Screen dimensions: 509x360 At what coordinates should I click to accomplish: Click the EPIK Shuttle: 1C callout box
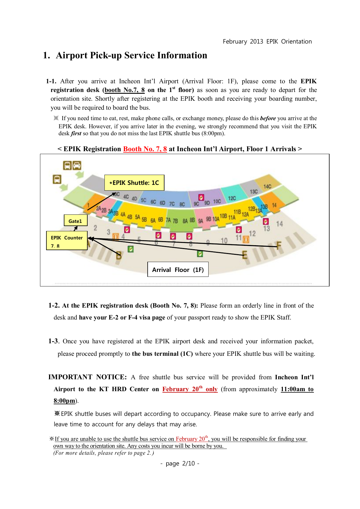[x=134, y=183]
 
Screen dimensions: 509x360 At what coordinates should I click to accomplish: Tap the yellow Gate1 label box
[x=75, y=221]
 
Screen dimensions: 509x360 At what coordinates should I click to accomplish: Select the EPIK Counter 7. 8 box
[x=67, y=241]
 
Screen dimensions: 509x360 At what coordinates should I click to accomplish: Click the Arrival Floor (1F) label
[x=178, y=270]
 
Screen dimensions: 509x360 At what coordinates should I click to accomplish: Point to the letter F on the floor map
[x=279, y=246]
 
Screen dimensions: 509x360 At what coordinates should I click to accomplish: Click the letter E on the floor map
[x=245, y=255]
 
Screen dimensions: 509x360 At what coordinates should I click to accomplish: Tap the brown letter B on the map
[x=119, y=256]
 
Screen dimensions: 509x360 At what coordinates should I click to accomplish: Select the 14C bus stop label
[x=267, y=186]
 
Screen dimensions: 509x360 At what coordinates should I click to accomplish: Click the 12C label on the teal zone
[x=232, y=198]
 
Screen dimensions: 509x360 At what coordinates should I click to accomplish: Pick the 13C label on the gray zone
[x=254, y=192]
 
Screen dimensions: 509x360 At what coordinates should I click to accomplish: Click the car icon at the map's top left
[x=77, y=165]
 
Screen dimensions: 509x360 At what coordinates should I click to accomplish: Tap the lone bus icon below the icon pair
[x=57, y=179]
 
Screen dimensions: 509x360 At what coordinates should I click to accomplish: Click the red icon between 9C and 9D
[x=201, y=197]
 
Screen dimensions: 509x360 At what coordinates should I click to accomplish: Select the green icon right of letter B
[x=131, y=249]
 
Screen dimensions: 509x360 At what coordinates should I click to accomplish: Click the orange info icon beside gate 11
[x=246, y=239]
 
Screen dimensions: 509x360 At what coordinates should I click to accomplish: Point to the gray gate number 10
[x=224, y=241]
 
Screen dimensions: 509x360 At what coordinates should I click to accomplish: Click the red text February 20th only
[x=190, y=389]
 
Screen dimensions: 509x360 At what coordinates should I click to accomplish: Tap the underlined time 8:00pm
[x=64, y=401]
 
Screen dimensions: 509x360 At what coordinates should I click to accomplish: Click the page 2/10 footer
[x=180, y=463]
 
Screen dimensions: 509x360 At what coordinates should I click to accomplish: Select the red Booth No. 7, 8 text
[x=145, y=149]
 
